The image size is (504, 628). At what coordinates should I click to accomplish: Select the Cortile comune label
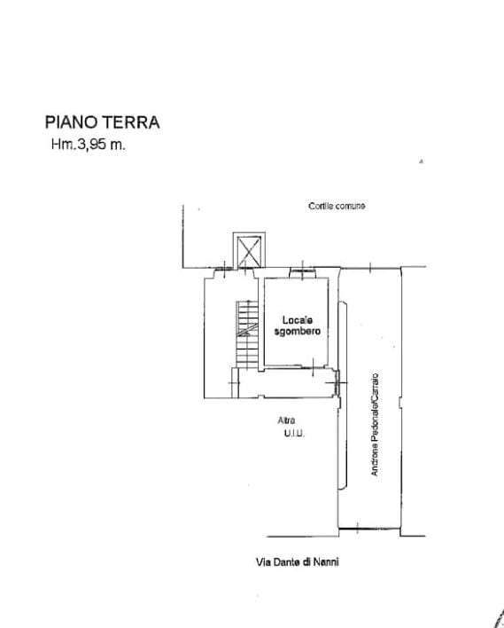(x=337, y=206)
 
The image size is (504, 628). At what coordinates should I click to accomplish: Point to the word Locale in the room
(x=298, y=320)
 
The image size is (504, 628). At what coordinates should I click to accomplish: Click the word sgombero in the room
(x=298, y=331)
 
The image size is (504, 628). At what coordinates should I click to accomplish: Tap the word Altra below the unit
(x=286, y=420)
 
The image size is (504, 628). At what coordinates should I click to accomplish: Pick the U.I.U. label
(x=294, y=433)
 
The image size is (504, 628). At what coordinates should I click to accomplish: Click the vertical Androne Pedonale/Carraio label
(x=374, y=425)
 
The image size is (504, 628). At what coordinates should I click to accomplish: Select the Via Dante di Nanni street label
(x=298, y=561)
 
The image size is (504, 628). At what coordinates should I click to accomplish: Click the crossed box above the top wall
(x=249, y=251)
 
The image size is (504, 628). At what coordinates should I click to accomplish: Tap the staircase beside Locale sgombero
(x=247, y=334)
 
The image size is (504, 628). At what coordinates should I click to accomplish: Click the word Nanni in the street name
(x=326, y=561)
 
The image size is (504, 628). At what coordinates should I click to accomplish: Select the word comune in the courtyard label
(x=350, y=206)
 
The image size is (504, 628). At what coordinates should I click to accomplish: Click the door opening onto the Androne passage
(x=337, y=382)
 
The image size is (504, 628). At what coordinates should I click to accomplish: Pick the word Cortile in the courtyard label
(x=321, y=206)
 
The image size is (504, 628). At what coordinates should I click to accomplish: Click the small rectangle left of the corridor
(x=236, y=382)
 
